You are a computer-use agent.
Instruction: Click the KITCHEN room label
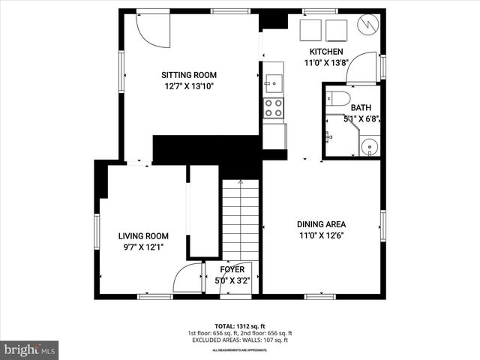(326, 52)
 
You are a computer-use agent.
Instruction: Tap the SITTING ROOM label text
(190, 75)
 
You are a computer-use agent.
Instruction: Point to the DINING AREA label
(321, 223)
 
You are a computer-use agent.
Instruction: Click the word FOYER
(232, 270)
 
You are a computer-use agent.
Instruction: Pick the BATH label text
(361, 107)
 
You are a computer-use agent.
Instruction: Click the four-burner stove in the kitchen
(274, 108)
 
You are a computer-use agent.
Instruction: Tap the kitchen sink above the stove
(273, 81)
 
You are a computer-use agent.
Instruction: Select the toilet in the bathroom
(336, 98)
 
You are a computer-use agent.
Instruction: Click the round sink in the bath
(368, 146)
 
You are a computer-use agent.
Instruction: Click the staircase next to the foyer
(239, 221)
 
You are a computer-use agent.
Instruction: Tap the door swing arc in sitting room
(155, 30)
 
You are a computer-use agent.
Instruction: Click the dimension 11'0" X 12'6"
(321, 235)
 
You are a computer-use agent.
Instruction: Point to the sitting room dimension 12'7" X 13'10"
(190, 86)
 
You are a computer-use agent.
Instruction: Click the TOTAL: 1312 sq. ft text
(239, 326)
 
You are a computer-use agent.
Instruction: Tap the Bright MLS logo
(30, 349)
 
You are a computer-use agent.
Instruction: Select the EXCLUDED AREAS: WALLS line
(239, 340)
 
